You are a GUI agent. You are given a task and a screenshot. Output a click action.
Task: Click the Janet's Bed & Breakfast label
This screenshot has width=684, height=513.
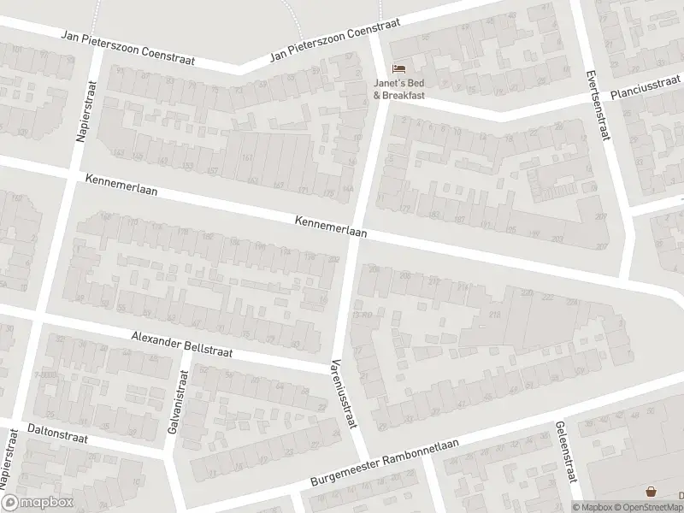click(398, 89)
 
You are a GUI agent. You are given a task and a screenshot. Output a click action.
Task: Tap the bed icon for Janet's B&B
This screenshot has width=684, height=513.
click(398, 68)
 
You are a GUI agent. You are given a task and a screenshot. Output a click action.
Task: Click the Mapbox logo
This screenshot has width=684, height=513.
click(38, 503)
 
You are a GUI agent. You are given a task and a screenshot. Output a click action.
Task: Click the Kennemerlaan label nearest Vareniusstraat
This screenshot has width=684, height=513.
click(331, 227)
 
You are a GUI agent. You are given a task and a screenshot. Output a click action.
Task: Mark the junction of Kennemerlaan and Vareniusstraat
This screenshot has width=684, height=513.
click(355, 229)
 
